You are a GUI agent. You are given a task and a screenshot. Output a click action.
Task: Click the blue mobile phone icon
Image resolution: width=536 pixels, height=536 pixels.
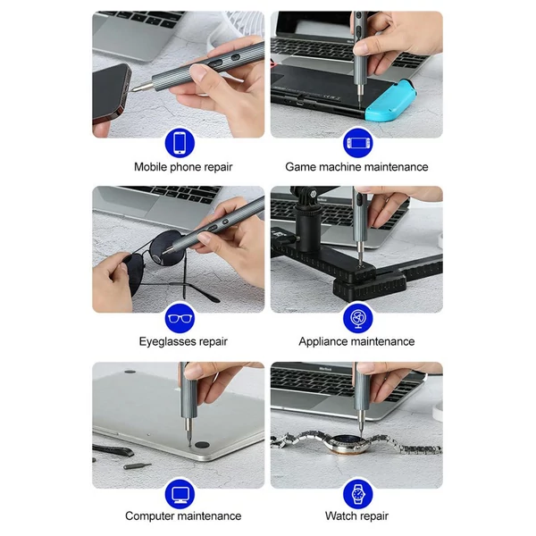point(180,143)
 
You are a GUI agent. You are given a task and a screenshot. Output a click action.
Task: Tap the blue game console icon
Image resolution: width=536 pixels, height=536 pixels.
point(358,143)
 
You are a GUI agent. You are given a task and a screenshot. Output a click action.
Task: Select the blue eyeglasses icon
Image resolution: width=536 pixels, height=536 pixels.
point(180,318)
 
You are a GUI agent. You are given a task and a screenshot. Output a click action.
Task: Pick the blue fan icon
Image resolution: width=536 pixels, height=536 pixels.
point(358,318)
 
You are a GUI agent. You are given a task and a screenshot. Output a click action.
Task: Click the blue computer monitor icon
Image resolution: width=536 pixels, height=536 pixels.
point(180,494)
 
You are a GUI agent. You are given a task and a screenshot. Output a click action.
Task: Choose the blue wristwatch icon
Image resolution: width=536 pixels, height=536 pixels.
point(358,494)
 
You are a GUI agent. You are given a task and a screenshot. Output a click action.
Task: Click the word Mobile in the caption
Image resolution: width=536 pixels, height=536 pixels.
point(150,167)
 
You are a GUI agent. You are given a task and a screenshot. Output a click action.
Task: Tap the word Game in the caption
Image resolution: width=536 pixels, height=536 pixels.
point(299,167)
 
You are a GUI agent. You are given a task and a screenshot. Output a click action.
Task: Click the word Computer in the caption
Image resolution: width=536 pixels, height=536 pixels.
point(150,515)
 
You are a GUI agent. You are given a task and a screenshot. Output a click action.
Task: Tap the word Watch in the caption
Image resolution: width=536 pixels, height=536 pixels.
point(340,515)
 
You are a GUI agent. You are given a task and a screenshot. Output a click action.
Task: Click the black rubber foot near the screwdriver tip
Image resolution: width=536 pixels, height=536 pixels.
point(202,445)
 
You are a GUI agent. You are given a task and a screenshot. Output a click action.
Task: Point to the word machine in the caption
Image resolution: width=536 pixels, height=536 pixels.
point(339,167)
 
